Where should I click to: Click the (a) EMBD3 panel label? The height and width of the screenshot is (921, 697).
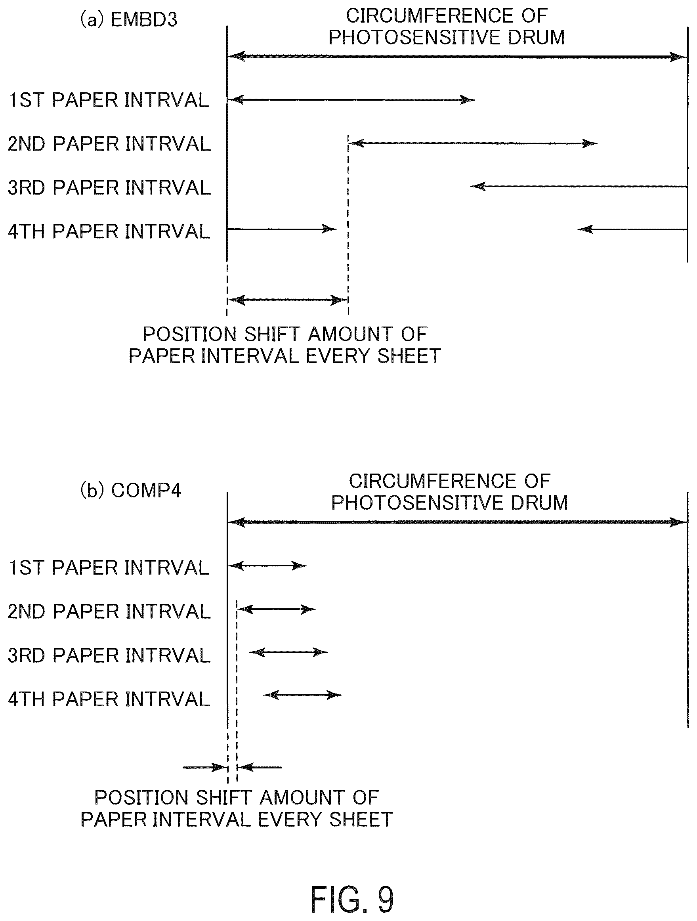click(x=128, y=19)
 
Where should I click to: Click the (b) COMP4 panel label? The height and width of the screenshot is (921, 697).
click(x=130, y=490)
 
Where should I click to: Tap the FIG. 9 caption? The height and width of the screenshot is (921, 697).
click(x=352, y=899)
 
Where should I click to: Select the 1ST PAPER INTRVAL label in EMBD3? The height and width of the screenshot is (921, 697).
click(x=109, y=100)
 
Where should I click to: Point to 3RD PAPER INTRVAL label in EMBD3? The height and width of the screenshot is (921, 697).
click(x=109, y=187)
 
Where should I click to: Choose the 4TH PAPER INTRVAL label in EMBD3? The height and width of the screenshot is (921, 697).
click(x=109, y=231)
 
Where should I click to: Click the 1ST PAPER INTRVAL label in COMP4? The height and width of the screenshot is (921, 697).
click(x=109, y=568)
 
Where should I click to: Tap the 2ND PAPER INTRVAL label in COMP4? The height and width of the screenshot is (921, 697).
click(x=109, y=611)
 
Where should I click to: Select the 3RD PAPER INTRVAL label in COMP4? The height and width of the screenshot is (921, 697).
click(x=109, y=655)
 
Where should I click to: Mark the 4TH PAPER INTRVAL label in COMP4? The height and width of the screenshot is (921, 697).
click(x=109, y=699)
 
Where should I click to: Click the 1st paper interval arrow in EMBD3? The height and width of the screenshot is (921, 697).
click(x=351, y=99)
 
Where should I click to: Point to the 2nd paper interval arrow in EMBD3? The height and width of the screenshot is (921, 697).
click(x=473, y=143)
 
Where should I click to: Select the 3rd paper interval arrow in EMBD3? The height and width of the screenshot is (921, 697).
click(x=579, y=186)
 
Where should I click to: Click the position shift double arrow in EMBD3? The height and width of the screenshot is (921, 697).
click(x=287, y=300)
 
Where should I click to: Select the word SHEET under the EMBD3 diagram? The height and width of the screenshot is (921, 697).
click(x=409, y=356)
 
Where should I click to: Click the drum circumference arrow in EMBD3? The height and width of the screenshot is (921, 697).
click(x=457, y=56)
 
